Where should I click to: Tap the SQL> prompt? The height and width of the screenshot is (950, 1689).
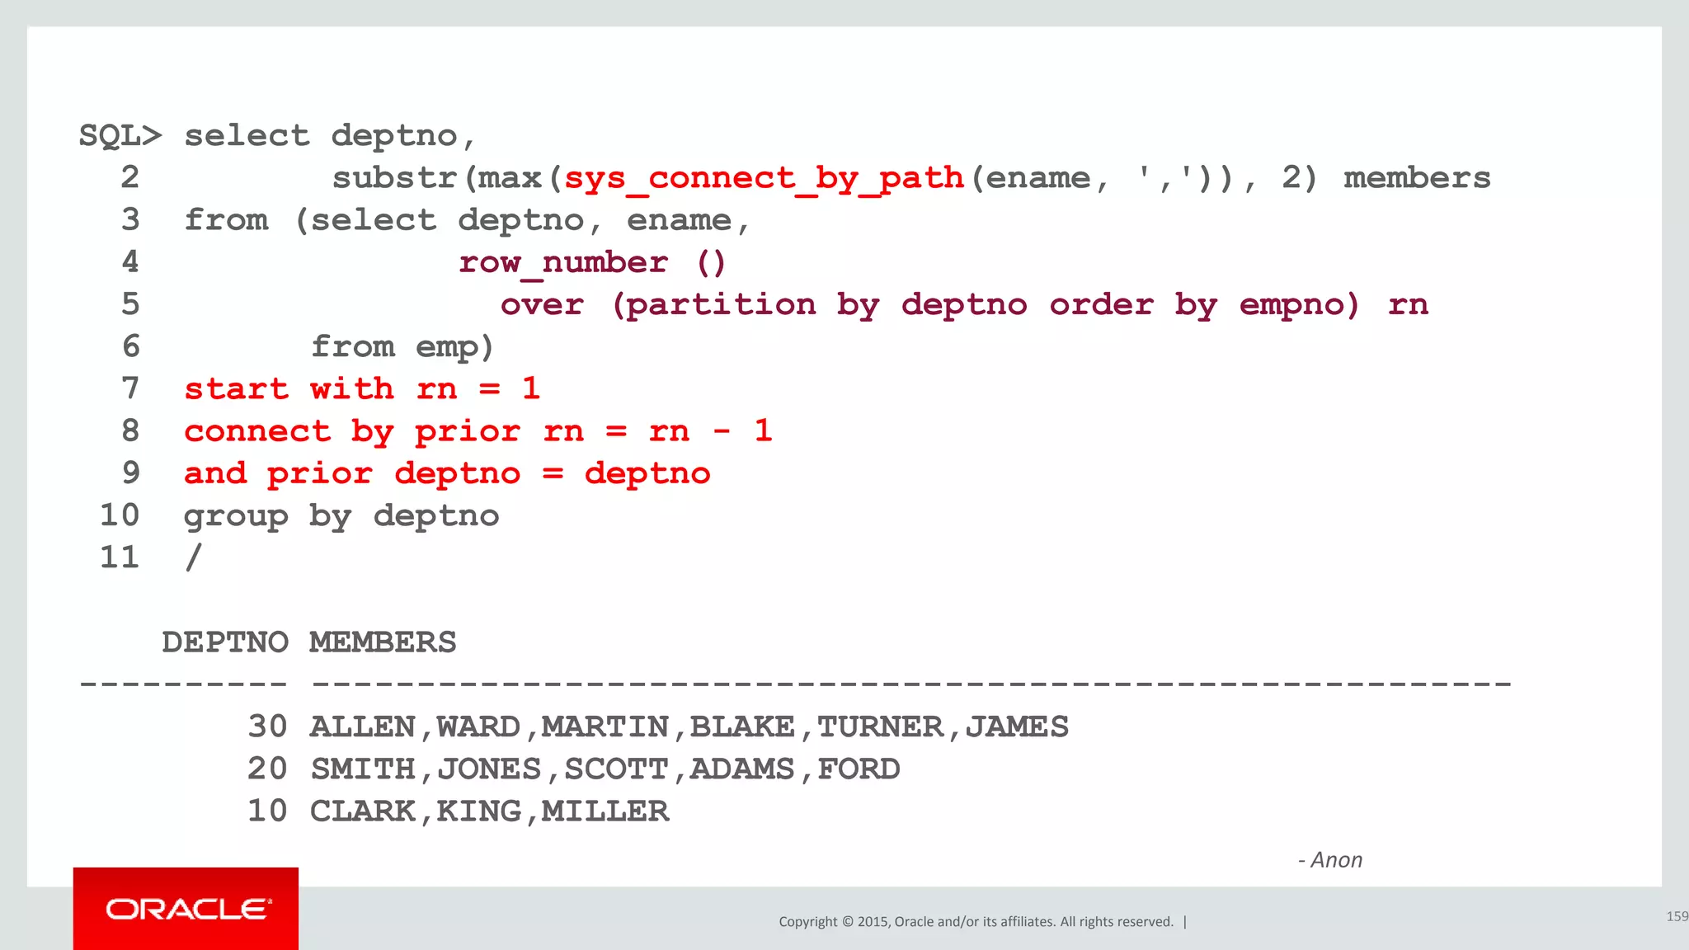point(120,136)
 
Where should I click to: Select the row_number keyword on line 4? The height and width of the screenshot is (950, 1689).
point(563,263)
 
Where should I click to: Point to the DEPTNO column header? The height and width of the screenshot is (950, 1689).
point(225,642)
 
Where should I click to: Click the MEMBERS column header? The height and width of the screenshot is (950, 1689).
point(383,642)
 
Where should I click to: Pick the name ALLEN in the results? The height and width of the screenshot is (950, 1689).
point(363,727)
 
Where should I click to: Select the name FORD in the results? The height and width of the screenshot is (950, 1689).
point(859,769)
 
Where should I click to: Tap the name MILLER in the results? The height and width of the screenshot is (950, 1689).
point(605,811)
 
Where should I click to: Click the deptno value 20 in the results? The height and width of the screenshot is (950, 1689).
point(267,769)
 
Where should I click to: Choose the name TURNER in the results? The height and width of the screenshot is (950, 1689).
point(880,727)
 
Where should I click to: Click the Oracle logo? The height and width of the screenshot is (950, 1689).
point(186,909)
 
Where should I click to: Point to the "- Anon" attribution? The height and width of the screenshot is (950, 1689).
point(1330,860)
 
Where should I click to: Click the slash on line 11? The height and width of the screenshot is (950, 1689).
point(193,558)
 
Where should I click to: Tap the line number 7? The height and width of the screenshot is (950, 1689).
point(130,388)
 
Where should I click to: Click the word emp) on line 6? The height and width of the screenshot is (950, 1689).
point(454,347)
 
